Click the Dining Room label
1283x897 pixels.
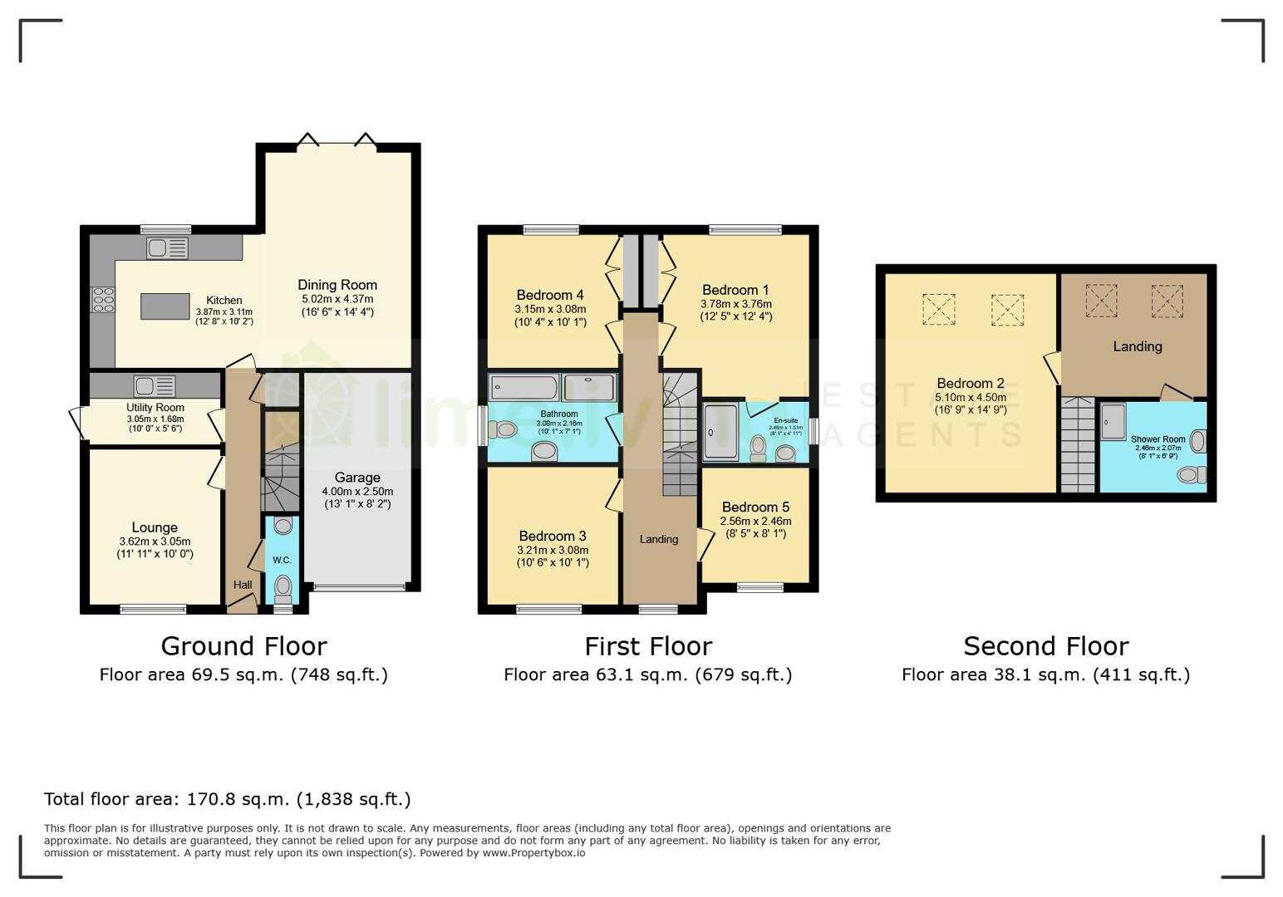tap(337, 285)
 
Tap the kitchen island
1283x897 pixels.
tap(165, 306)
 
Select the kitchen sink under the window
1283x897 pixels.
tap(167, 248)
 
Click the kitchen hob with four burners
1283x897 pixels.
tap(103, 299)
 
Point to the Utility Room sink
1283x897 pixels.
tap(155, 386)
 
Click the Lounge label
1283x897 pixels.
tap(155, 527)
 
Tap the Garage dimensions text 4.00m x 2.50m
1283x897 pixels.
tap(357, 492)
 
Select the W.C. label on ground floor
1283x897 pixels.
tap(282, 560)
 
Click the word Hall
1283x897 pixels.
tap(243, 585)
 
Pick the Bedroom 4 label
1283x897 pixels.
tap(550, 295)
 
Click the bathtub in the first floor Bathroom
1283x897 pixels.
tap(524, 388)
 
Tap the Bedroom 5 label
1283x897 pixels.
tap(755, 507)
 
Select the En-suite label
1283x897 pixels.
tap(785, 420)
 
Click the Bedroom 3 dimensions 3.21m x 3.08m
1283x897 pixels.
tap(553, 550)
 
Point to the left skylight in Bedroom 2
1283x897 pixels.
tap(938, 310)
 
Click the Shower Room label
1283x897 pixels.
tap(1158, 439)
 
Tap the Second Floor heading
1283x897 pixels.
tap(1045, 646)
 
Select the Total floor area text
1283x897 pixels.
tap(227, 799)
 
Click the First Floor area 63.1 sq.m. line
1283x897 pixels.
tap(647, 674)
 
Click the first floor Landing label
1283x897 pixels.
tap(659, 539)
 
